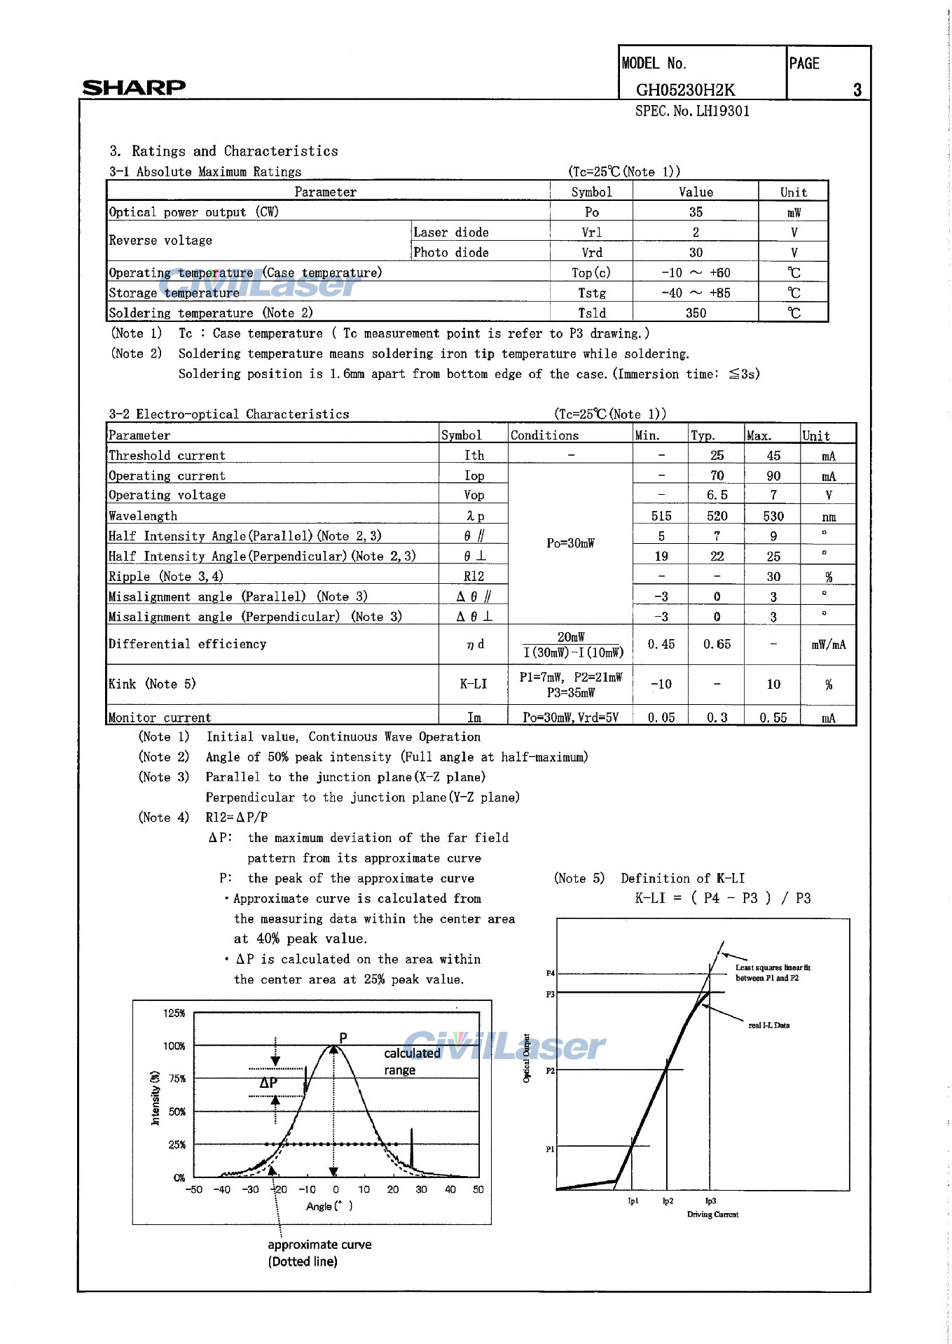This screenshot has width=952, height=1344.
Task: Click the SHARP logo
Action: click(x=134, y=87)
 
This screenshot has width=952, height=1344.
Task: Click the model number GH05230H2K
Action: click(x=685, y=90)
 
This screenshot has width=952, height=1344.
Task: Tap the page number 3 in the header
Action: click(x=857, y=90)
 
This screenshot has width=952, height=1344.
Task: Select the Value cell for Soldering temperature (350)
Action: click(x=696, y=313)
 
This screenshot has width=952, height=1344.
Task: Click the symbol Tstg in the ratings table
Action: click(x=592, y=293)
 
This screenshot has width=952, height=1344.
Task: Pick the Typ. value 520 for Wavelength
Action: click(x=717, y=516)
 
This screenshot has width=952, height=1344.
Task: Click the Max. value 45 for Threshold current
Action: click(x=773, y=456)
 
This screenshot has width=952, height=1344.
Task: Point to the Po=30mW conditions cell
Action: click(x=570, y=543)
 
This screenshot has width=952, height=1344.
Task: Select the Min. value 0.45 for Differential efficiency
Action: click(x=661, y=644)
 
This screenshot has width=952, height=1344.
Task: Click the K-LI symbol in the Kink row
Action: click(x=474, y=684)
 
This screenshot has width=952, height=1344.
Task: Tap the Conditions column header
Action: click(x=544, y=435)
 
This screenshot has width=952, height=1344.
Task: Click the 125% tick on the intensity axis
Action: click(x=174, y=1013)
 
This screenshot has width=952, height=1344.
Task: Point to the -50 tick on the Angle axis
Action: click(x=193, y=1189)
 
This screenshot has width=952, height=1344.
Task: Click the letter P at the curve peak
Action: click(x=343, y=1037)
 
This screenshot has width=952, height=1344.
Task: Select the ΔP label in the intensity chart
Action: click(x=268, y=1082)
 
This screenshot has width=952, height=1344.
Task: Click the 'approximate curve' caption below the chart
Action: click(x=319, y=1245)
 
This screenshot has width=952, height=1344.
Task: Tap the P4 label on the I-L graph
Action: click(x=551, y=973)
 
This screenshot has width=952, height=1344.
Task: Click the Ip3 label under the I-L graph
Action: click(x=710, y=1201)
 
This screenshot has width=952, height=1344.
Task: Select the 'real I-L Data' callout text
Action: click(x=768, y=1025)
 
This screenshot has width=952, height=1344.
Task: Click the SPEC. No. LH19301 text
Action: click(x=692, y=111)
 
